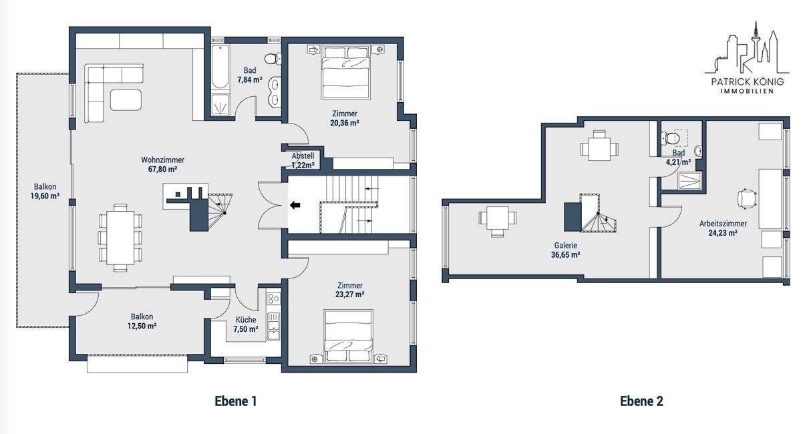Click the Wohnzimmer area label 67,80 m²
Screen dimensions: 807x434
pos(162,170)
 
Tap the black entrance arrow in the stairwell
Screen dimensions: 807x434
pos(295,205)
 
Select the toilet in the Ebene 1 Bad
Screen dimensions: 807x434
pos(273,58)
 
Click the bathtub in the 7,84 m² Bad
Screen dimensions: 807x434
pos(220,67)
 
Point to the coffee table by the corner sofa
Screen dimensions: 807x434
pos(126,99)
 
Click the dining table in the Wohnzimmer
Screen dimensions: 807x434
pos(120,238)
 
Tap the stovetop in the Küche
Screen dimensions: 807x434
pos(273,298)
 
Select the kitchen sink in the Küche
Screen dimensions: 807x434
pos(273,327)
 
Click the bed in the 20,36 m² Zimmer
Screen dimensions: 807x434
pos(346,71)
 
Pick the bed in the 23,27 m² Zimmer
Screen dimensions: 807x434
pos(348,336)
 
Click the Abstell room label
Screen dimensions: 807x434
pos(303,156)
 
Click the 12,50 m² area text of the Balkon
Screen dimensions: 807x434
pos(142,327)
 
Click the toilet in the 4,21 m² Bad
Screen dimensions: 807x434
pos(671,138)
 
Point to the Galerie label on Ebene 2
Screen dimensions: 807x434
pos(566,246)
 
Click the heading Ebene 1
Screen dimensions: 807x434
pos(236,401)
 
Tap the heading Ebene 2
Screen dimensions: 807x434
pos(641,401)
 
